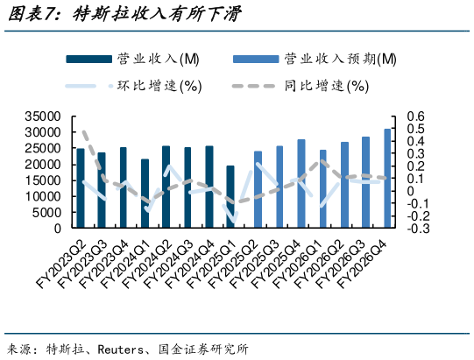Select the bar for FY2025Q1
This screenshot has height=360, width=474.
click(230, 197)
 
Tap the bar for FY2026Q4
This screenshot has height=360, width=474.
click(386, 179)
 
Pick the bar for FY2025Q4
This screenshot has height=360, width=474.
click(301, 184)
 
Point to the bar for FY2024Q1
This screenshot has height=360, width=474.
click(145, 194)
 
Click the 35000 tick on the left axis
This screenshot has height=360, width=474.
click(43, 116)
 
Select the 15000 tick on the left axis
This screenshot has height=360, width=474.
click(43, 180)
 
